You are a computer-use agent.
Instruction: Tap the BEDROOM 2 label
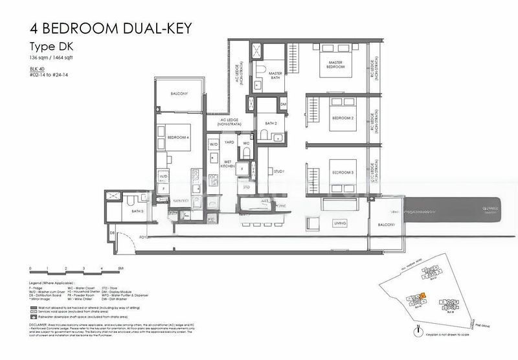[343, 118]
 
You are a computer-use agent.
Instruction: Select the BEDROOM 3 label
[343, 174]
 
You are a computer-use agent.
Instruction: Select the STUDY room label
[279, 172]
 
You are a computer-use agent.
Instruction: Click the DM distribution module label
[283, 104]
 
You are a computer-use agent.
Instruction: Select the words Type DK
[50, 47]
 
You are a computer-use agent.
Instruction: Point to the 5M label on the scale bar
[121, 267]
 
